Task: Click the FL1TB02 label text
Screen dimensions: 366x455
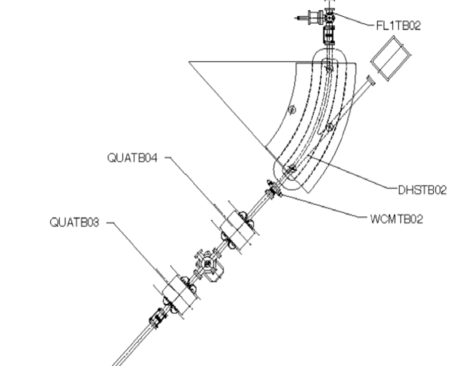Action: pos(397,26)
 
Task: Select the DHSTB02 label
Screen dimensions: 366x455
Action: pos(422,190)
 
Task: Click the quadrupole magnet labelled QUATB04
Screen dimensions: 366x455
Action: pos(238,230)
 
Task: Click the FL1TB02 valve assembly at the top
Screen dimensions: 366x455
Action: pos(325,22)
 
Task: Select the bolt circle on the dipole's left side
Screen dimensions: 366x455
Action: pos(292,110)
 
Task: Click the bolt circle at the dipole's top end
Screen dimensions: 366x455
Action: pos(330,69)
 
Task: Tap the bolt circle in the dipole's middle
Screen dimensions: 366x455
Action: pos(329,128)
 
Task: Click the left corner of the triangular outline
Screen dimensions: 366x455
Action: pos(190,62)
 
